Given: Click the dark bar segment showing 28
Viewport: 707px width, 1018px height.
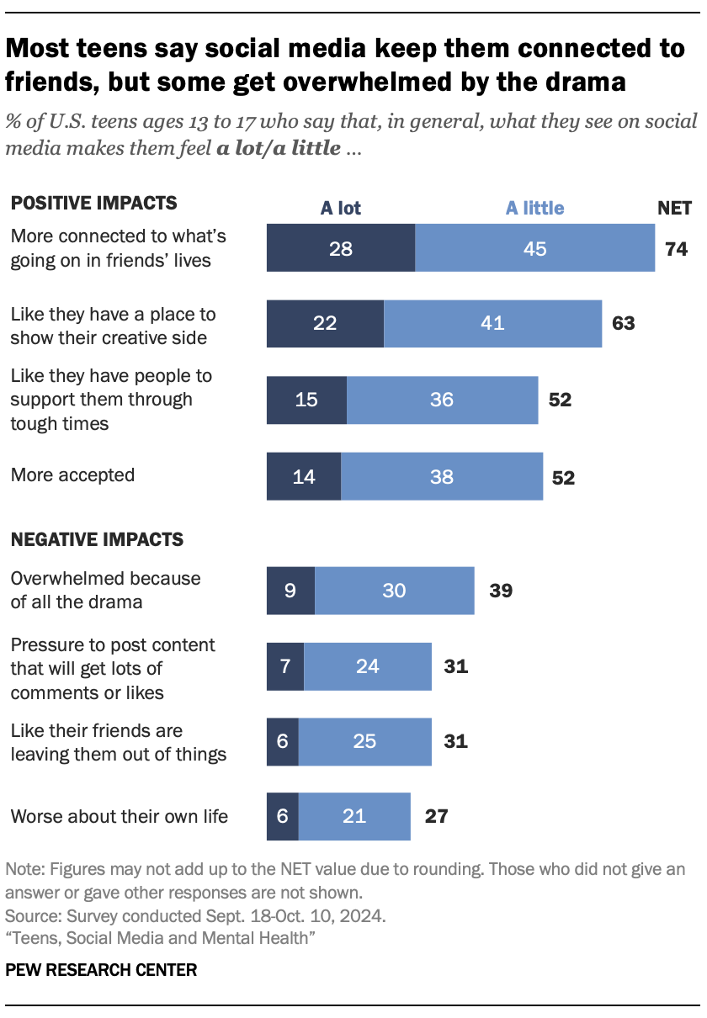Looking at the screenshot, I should pos(340,248).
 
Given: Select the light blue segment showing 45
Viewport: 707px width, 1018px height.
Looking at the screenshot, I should pos(534,248).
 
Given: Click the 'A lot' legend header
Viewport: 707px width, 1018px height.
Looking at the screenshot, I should pos(340,208).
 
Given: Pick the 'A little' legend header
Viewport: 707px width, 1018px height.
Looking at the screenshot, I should pos(534,208).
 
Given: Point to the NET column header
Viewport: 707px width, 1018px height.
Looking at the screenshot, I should pos(674,208).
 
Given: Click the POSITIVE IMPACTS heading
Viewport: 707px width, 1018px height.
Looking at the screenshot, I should pos(93,203).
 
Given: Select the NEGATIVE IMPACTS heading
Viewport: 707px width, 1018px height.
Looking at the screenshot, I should pos(97,538).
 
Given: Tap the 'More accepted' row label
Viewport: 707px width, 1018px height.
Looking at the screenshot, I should pos(72,475).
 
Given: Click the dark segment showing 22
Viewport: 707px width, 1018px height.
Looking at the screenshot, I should pos(325,323).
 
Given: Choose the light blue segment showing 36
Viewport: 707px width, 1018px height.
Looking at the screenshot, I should pos(442,400).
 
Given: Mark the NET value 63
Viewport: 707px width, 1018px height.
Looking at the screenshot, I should pos(623,323).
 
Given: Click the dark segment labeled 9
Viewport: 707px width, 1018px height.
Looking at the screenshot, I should pos(290,591).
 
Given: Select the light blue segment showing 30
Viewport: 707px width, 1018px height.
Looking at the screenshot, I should pos(394,591).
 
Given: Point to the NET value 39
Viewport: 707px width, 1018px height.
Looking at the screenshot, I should pos(501,591).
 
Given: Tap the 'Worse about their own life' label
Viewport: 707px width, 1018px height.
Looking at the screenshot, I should pos(119,816).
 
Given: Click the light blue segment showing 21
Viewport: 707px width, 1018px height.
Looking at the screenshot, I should pos(354,816).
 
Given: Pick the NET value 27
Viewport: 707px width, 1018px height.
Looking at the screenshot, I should pos(436,816).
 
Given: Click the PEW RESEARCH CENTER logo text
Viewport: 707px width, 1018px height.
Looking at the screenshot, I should pos(101,970).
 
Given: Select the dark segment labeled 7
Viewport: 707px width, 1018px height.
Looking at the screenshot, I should pos(284,667).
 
